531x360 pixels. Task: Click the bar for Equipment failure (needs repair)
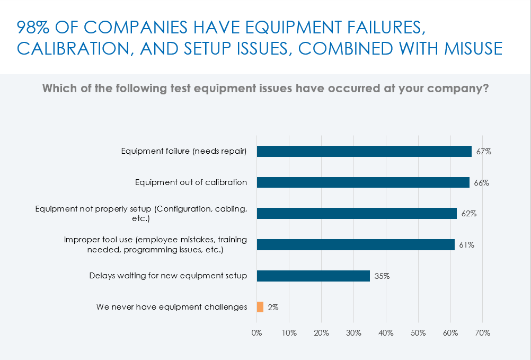click(x=364, y=151)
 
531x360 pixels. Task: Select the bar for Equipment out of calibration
click(x=363, y=182)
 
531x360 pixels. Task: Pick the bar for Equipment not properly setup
click(x=357, y=213)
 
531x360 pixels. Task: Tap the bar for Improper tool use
click(x=356, y=244)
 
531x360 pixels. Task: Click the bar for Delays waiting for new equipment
click(x=313, y=276)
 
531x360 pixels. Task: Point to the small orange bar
click(x=260, y=307)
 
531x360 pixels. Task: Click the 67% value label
click(x=484, y=152)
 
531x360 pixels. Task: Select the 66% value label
click(x=482, y=183)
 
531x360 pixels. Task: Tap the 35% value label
click(x=382, y=276)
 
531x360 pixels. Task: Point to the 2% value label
click(x=273, y=308)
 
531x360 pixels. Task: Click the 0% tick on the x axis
click(x=256, y=333)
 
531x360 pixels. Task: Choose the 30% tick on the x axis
click(x=353, y=333)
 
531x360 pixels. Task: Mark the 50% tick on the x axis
click(x=418, y=333)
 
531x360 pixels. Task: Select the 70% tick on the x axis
click(x=483, y=333)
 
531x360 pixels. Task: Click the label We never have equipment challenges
click(x=172, y=307)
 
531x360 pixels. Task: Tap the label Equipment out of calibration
click(x=191, y=182)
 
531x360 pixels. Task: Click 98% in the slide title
click(x=32, y=27)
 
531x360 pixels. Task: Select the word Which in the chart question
click(x=59, y=89)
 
